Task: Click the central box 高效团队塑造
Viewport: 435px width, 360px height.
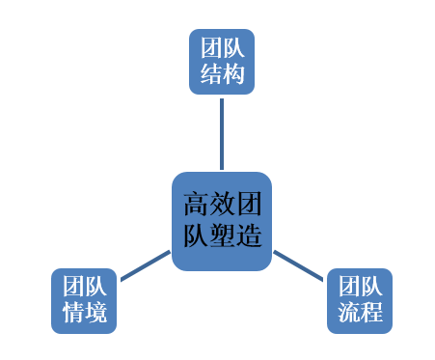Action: coord(221,221)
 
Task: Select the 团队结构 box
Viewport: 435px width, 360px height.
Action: coord(221,61)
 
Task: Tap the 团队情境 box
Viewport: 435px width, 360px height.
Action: coord(84,300)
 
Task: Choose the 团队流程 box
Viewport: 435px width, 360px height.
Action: coord(360,300)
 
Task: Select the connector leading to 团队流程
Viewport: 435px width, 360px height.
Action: coord(298,265)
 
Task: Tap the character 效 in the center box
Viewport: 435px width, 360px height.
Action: coord(222,205)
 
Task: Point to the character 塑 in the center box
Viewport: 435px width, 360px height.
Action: coord(222,235)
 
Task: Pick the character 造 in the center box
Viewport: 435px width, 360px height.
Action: coord(249,235)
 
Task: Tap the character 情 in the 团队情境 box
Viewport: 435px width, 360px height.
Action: coord(72,313)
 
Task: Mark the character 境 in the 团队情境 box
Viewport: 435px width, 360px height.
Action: coord(95,313)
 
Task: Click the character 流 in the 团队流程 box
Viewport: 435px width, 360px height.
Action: coord(348,313)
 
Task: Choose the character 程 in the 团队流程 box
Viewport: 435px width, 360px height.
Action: coord(370,313)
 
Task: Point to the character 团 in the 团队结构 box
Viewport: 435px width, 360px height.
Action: coord(210,48)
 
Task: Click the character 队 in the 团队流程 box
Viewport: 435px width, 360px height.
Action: coord(370,288)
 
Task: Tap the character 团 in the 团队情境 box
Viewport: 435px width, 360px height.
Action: coord(72,288)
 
